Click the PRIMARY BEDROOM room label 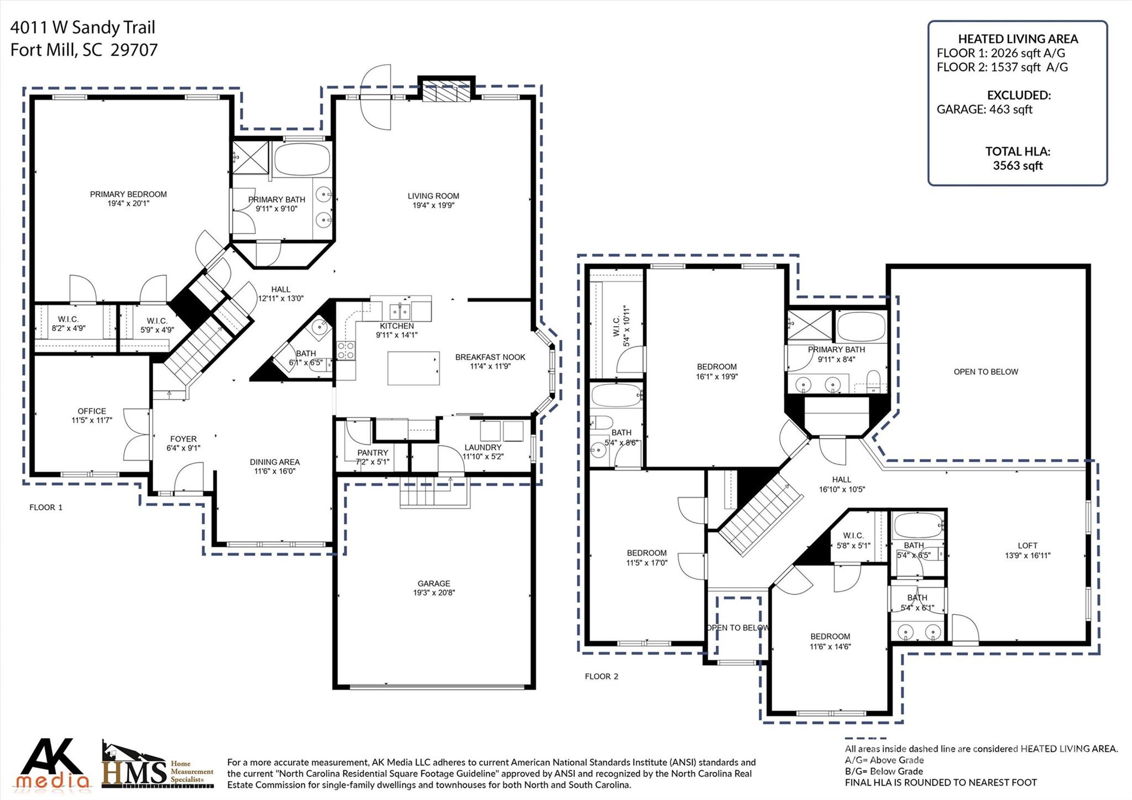pos(128,194)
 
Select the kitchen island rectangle pos(413,368)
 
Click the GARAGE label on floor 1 pos(434,583)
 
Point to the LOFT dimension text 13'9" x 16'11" pos(1028,555)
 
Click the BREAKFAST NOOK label pos(490,357)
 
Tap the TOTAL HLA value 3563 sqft pos(1018,165)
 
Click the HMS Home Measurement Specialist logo pos(158,766)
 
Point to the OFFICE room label pos(92,411)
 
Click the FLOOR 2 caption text pos(601,676)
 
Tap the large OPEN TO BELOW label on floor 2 pos(986,372)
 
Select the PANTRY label pos(373,452)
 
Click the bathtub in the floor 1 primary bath pos(301,159)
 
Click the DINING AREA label pos(275,462)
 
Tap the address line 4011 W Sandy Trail pos(83,27)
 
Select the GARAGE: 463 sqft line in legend pos(984,109)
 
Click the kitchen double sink pos(401,309)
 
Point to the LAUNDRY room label pos(483,447)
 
